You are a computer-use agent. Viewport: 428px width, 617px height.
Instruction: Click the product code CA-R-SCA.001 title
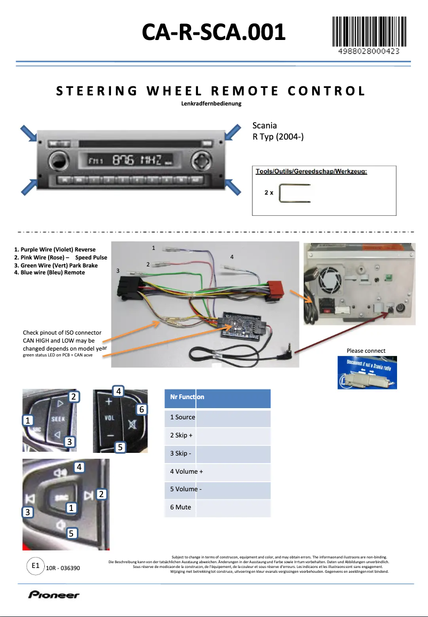point(213,33)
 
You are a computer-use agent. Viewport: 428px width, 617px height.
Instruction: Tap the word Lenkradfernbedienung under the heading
point(211,103)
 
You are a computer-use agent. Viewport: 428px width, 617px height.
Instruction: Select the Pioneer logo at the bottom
point(54,595)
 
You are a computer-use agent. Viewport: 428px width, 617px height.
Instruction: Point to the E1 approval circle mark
point(36,566)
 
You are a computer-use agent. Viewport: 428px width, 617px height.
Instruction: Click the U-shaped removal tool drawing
point(296,192)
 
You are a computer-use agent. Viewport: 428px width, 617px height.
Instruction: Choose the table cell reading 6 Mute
point(180,507)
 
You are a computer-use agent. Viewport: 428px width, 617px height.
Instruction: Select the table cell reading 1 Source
point(183,417)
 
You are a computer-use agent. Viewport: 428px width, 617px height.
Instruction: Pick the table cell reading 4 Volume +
point(186,472)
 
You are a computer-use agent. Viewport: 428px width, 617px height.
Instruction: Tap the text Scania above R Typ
point(264,126)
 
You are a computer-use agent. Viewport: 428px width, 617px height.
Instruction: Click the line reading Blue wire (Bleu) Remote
point(49,272)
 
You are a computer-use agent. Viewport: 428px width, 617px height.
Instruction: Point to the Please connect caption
point(366,351)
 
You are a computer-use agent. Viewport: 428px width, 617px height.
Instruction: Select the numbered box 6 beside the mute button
point(141,409)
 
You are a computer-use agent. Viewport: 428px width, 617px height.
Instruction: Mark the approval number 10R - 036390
point(63,569)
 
